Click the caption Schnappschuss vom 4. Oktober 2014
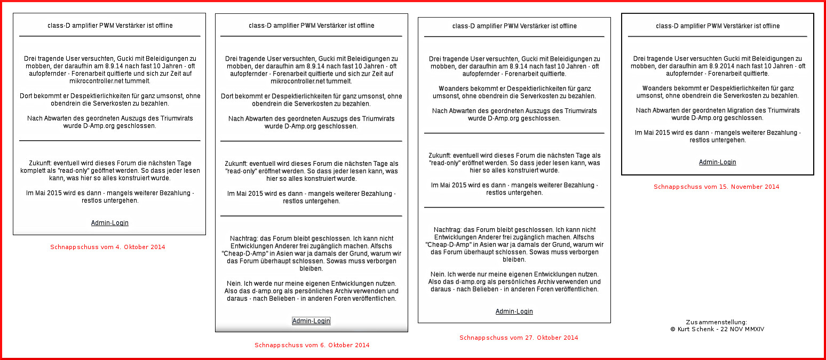108,247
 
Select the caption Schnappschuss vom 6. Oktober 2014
312,345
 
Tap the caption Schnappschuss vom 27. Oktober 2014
519,338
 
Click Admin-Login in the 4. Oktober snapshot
110,223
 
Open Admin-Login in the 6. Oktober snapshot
311,321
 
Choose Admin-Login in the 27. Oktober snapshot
514,311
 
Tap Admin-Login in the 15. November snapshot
717,162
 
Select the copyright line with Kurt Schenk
717,330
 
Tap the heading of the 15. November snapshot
717,26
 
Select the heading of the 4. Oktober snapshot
110,25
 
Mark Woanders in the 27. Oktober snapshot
454,89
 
